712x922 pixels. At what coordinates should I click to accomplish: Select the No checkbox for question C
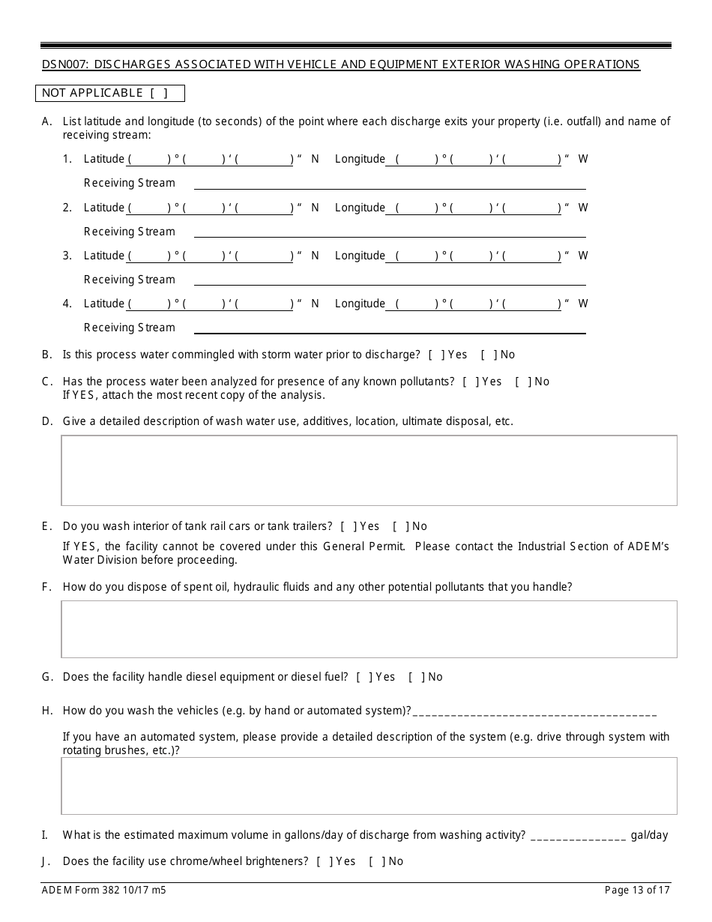[x=523, y=382]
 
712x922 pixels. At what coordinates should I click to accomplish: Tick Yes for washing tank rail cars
[x=349, y=526]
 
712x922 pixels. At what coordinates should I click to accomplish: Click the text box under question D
[x=369, y=470]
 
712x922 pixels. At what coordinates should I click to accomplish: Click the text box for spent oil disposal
[x=369, y=629]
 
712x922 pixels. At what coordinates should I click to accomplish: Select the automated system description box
[x=369, y=786]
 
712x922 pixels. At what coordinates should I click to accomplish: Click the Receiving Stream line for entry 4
[x=390, y=328]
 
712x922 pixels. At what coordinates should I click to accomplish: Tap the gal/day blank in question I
[x=578, y=836]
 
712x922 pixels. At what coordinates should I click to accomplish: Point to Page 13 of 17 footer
[x=637, y=891]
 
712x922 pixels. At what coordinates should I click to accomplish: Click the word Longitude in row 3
[x=360, y=256]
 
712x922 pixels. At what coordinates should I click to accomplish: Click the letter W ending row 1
[x=583, y=159]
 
